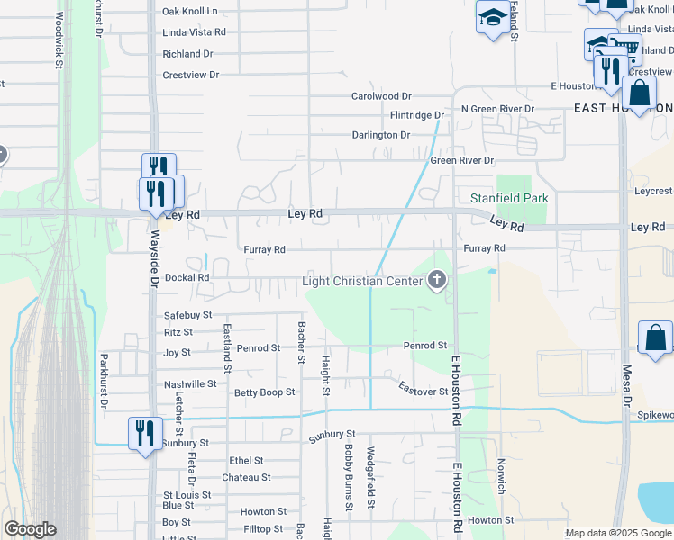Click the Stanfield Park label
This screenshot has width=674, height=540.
509,198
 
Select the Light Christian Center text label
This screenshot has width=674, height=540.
362,282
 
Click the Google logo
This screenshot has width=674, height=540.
31,529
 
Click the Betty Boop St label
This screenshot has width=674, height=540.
264,392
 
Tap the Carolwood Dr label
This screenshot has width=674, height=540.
380,96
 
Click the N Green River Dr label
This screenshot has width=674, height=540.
497,109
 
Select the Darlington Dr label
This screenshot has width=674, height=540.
380,135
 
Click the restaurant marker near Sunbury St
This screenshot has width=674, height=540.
145,433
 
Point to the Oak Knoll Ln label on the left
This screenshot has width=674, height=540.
190,12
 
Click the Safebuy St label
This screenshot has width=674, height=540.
187,315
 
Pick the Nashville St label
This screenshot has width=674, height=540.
190,384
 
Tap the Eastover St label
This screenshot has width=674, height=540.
424,391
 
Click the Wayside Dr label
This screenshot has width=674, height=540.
154,257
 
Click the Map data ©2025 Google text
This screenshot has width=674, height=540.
617,533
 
